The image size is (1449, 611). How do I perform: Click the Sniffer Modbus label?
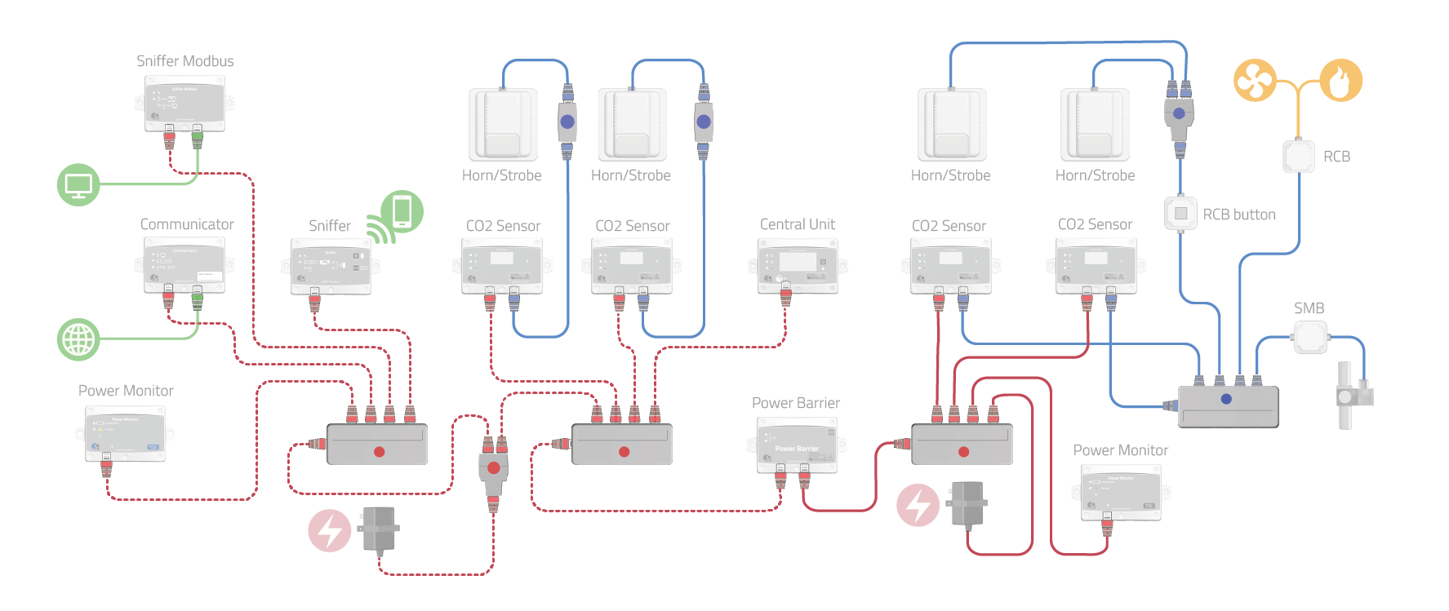184,61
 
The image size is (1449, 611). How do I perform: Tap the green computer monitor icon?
78,184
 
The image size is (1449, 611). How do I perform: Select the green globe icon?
78,339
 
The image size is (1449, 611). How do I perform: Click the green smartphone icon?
402,211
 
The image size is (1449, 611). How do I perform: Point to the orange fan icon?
1255,80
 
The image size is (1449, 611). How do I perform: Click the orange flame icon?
1341,80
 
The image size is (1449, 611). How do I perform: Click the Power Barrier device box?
797,445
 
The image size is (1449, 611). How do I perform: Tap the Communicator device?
184,264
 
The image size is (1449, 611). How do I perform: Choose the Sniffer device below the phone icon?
331,266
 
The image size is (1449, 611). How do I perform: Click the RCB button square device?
1180,214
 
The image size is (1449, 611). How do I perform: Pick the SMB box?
1310,336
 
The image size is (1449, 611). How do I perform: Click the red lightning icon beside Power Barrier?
918,505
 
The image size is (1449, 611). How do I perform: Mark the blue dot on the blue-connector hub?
1226,399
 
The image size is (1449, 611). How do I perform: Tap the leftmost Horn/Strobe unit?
503,125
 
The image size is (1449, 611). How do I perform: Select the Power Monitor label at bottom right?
1120,450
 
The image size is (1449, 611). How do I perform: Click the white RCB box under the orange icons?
1298,157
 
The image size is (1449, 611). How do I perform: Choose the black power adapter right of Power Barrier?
968,503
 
